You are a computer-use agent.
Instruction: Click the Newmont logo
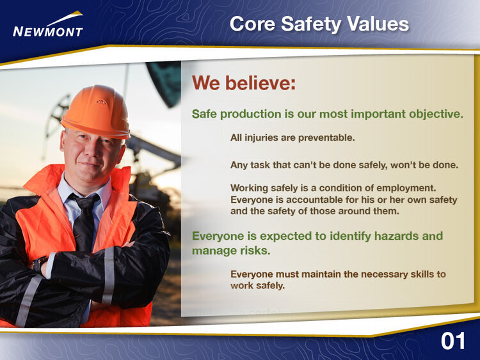[x=48, y=24]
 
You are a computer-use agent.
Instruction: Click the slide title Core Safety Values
[x=319, y=24]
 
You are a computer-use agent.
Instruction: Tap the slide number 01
[x=452, y=341]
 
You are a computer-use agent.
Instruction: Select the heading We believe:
[x=244, y=82]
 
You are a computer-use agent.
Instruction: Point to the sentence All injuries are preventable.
[x=292, y=137]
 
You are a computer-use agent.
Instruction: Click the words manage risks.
[x=231, y=251]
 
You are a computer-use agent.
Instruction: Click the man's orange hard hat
[x=96, y=112]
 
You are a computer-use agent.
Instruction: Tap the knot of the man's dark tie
[x=86, y=203]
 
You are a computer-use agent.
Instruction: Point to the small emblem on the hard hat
[x=101, y=102]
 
